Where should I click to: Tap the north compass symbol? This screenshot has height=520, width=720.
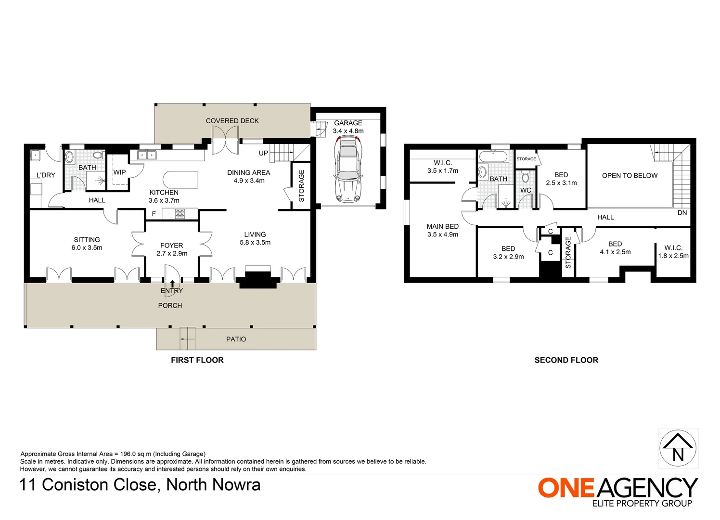coord(678,448)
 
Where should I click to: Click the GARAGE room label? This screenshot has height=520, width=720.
coord(348,123)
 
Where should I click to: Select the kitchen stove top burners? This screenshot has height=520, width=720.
coord(180,214)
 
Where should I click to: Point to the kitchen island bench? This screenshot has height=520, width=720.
coord(180,180)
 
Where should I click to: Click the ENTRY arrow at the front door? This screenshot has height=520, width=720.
coord(172,284)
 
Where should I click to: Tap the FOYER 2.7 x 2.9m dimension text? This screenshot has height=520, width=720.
coord(172,253)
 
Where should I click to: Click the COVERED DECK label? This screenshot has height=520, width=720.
coord(232,121)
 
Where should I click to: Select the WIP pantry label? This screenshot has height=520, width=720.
coord(119,172)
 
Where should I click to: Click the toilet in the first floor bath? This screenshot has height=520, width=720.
coord(98,155)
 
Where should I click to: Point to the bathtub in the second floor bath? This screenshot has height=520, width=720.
coord(492,156)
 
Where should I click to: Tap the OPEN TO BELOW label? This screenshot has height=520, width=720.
coord(630,176)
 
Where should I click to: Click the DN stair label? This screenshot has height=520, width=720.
coord(682,213)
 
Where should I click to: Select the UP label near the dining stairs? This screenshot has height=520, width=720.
coord(263,154)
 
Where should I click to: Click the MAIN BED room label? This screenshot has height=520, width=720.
coord(442,226)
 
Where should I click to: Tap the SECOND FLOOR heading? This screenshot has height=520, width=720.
coord(566,360)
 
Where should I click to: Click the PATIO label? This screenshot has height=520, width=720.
coord(236,339)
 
